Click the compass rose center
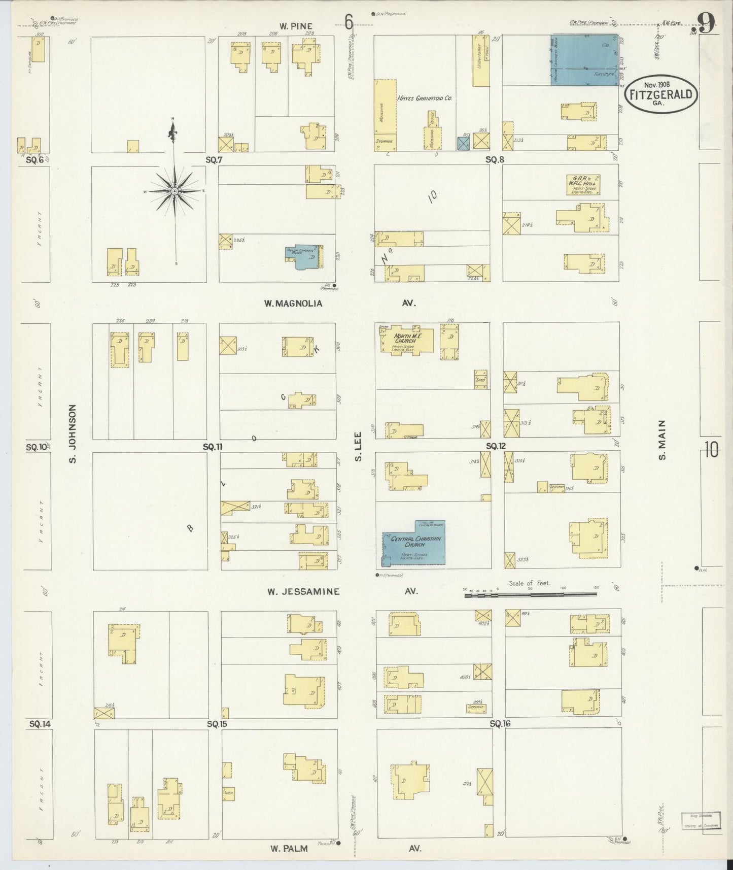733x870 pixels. point(174,191)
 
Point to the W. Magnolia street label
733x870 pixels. point(293,304)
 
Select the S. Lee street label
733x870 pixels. point(358,447)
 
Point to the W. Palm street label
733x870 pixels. point(289,848)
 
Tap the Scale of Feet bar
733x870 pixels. point(530,593)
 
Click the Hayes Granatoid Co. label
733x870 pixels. point(425,98)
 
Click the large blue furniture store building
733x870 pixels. point(584,60)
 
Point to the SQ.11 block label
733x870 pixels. point(213,447)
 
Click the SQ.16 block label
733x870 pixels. point(500,723)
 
